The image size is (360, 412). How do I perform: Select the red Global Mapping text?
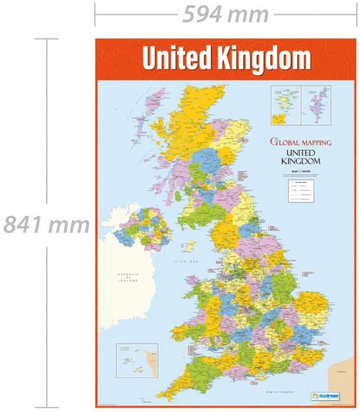pos(300,141)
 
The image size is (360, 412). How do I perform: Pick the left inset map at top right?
pos(284,106)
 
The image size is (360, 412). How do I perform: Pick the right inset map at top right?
pos(315,106)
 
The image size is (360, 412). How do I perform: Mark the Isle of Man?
pos(190,246)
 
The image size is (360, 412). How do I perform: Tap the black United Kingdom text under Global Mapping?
pos(300,156)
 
